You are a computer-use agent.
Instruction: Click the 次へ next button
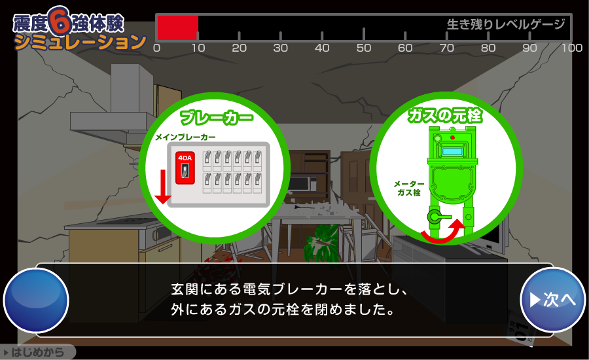coord(552,300)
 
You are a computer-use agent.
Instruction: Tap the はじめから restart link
coord(37,352)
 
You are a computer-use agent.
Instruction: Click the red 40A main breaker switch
coord(185,168)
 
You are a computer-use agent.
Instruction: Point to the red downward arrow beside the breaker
coord(163,187)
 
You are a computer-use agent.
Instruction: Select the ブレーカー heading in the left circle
coord(217,117)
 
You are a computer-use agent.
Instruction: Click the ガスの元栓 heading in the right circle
coord(445,115)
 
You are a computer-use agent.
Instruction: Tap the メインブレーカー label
coord(186,137)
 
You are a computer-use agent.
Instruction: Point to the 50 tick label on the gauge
coord(364,48)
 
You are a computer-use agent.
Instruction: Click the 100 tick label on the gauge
coord(572,48)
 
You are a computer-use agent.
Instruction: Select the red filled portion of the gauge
coord(177,27)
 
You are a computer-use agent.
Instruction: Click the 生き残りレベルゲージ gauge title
coord(506,24)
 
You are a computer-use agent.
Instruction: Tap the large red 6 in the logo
coord(60,21)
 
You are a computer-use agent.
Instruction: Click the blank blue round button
coord(36,300)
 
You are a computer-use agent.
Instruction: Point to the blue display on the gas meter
coord(452,151)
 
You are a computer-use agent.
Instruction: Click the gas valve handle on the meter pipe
coord(438,217)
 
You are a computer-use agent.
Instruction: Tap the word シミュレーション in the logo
coord(80,42)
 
